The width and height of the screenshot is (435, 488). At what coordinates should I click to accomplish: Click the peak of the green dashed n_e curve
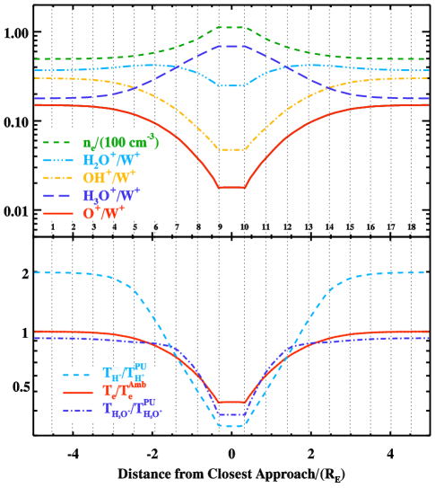(231, 27)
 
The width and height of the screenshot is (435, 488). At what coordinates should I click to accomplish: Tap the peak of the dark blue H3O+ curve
(231, 46)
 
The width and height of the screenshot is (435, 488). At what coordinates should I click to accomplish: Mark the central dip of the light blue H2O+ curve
(231, 85)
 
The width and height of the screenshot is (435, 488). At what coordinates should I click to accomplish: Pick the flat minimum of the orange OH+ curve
(231, 150)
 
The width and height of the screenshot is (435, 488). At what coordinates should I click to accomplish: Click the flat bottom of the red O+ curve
(231, 187)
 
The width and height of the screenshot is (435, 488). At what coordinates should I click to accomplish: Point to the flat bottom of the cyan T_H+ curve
(231, 425)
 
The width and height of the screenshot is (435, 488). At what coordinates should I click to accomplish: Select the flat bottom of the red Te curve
(231, 402)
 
